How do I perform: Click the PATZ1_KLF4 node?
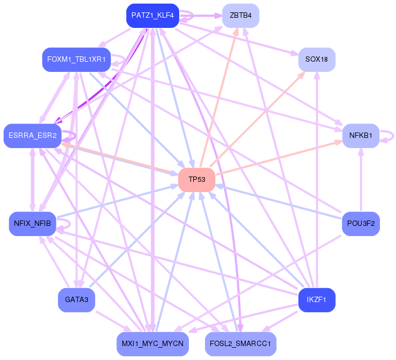pyautogui.click(x=152, y=16)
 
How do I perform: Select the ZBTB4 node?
pyautogui.click(x=240, y=15)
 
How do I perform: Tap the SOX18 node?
pyautogui.click(x=317, y=60)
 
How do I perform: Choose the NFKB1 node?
pyautogui.click(x=361, y=136)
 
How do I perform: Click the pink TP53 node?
pyautogui.click(x=197, y=179)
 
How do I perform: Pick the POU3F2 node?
pyautogui.click(x=361, y=223)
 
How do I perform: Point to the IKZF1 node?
pyautogui.click(x=317, y=299)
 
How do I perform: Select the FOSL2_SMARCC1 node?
pyautogui.click(x=240, y=343)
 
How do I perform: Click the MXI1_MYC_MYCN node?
pyautogui.click(x=152, y=343)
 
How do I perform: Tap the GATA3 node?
pyautogui.click(x=76, y=299)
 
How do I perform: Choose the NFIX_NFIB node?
pyautogui.click(x=32, y=223)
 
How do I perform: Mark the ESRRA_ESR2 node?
pyautogui.click(x=32, y=136)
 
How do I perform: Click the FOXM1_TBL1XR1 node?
pyautogui.click(x=76, y=60)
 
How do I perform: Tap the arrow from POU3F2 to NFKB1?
pyautogui.click(x=361, y=180)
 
